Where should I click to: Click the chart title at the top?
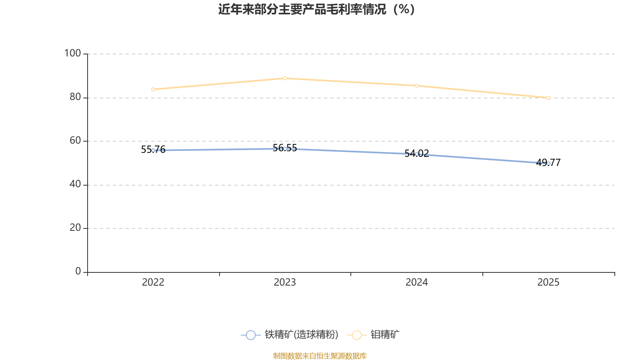point(316,10)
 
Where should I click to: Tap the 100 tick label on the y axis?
point(72,54)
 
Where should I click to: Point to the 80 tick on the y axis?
point(76,97)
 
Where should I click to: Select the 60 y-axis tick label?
point(76,140)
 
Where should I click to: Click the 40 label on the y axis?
point(76,184)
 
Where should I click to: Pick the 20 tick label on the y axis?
point(76,228)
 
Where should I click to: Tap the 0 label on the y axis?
point(78,272)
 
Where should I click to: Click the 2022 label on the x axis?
point(153,282)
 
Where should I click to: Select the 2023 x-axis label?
point(285,282)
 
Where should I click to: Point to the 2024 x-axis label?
point(416,282)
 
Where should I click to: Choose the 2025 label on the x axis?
point(548,282)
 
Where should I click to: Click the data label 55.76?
point(153,150)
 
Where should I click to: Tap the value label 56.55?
point(285,148)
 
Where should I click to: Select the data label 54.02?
point(416,154)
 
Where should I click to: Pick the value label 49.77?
point(548,162)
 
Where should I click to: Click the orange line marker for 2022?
point(153,90)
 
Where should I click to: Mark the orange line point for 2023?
point(285,78)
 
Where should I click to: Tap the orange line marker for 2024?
point(416,86)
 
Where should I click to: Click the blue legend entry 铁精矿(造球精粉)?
point(290,334)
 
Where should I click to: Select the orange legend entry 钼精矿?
point(373,334)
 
